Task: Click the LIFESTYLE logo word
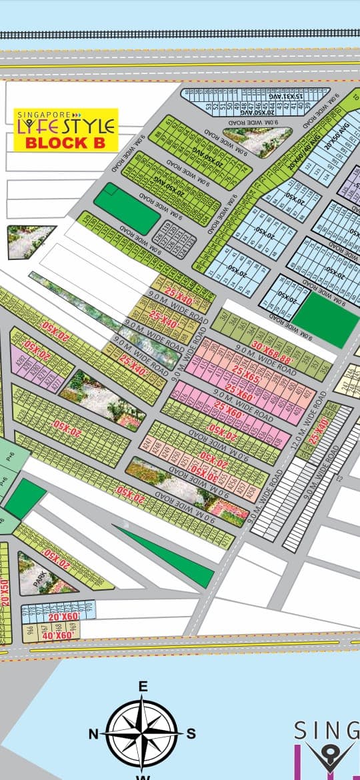[66, 126]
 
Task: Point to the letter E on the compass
[142, 686]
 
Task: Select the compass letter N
[93, 734]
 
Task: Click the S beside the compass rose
[191, 734]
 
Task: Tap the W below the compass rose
[142, 776]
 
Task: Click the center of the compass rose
[142, 732]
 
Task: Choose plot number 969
[73, 628]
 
